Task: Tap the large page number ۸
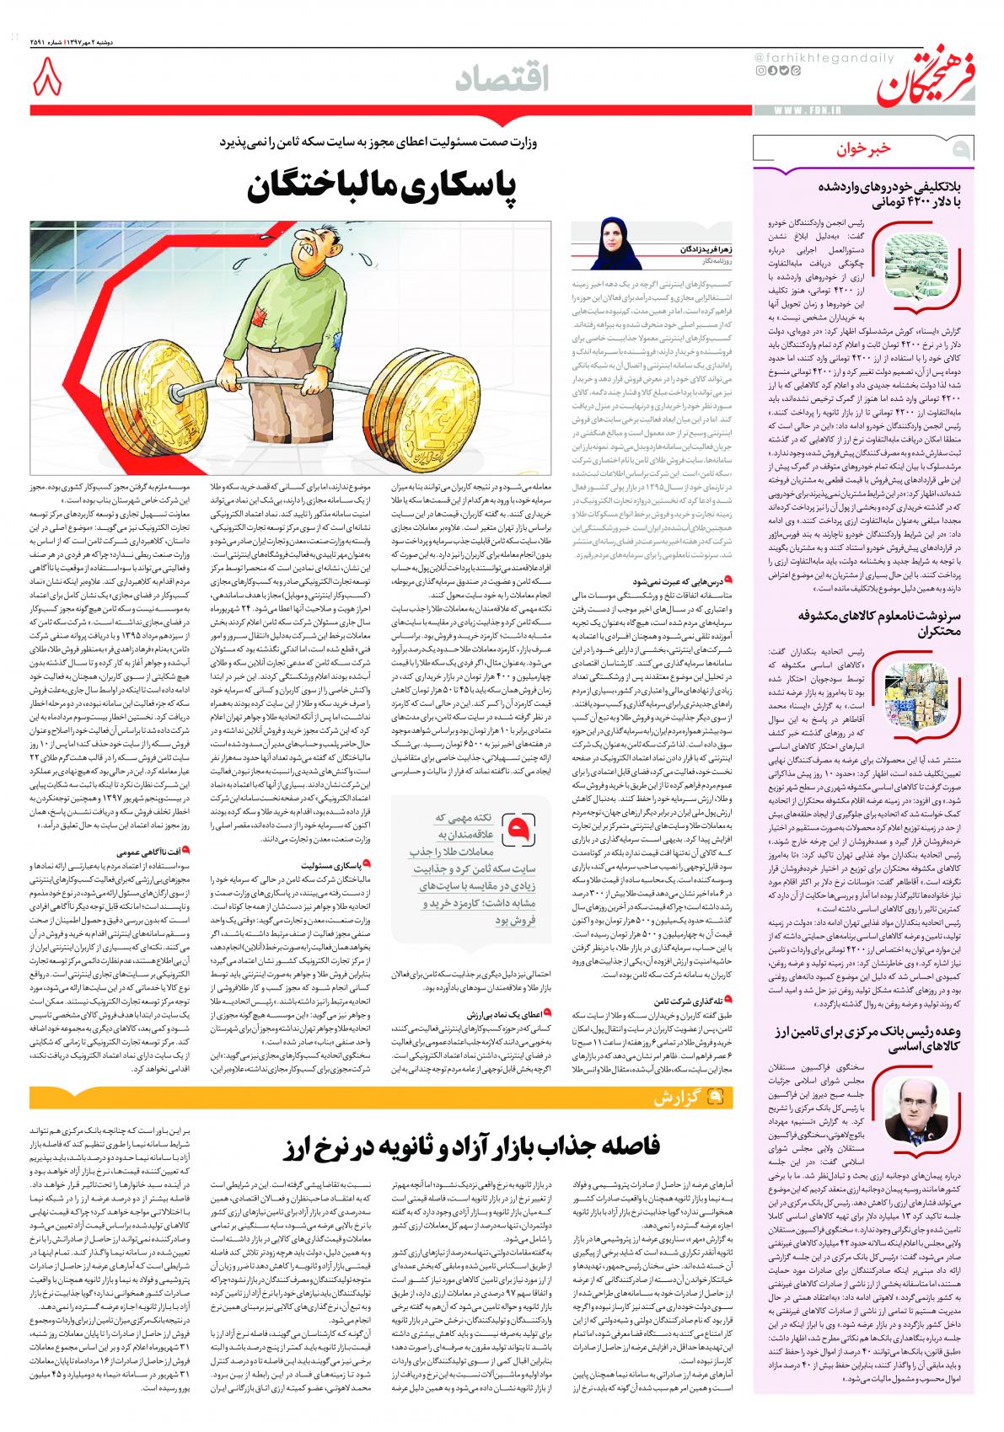click(x=47, y=83)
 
